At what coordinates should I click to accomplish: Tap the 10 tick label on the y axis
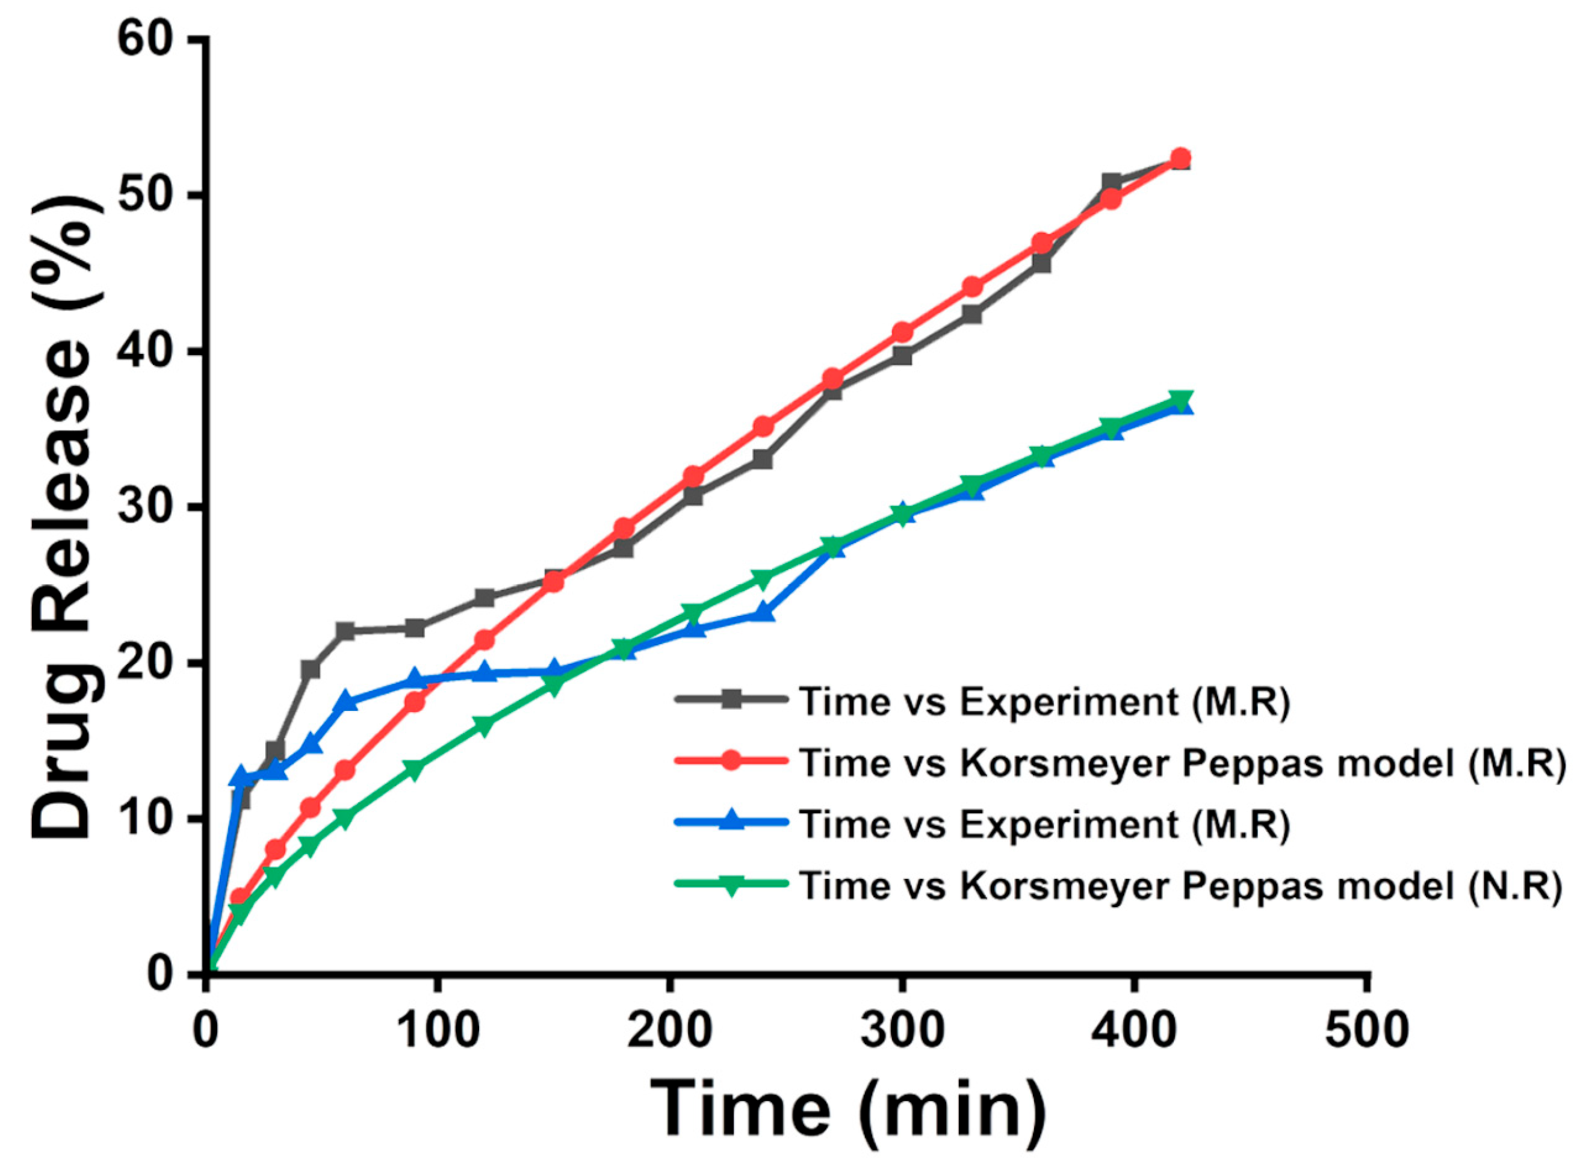pos(148,819)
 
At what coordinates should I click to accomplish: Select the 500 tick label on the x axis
pos(1367,1031)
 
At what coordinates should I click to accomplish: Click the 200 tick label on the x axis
pos(669,1031)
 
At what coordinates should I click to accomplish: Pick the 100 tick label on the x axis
pos(436,1031)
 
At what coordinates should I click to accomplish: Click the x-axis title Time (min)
pos(847,1109)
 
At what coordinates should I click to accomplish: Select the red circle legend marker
pos(732,761)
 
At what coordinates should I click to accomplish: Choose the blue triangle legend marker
pos(732,822)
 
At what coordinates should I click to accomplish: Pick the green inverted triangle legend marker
pos(732,883)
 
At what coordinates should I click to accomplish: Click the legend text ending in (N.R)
pos(1180,884)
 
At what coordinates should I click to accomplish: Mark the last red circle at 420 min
pos(1180,158)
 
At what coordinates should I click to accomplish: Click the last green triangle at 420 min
pos(1180,400)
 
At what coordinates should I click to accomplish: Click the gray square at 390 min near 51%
pos(1111,183)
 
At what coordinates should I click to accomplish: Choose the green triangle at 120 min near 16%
pos(484,727)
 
